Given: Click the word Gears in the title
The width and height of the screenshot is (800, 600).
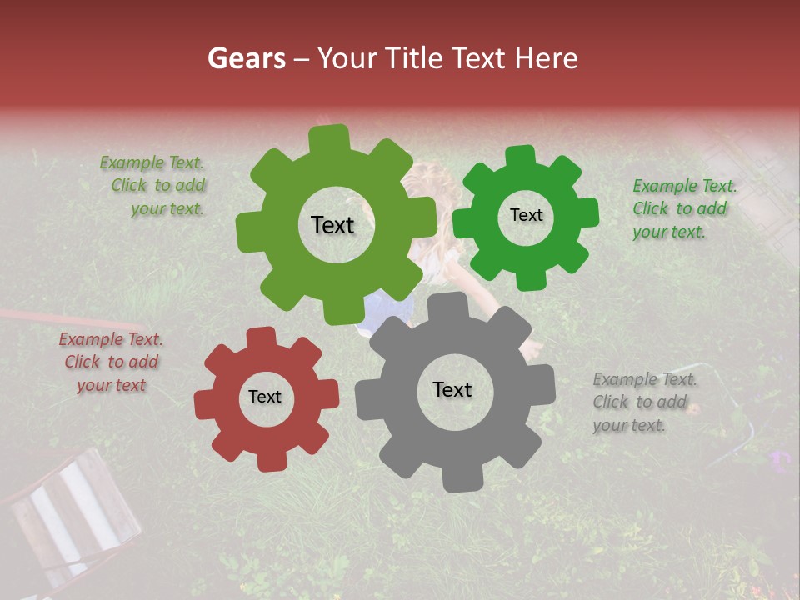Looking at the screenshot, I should (x=246, y=58).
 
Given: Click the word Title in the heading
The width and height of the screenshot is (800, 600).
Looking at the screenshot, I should (x=414, y=58).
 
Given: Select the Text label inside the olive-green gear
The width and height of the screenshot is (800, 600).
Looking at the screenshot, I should (x=332, y=225).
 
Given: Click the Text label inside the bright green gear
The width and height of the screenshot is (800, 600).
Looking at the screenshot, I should (x=526, y=215).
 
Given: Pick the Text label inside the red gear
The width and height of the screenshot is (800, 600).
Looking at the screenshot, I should (x=265, y=397).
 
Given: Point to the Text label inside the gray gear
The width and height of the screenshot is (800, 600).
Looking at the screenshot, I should (x=452, y=389).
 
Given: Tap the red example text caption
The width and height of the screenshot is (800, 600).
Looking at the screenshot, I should (x=111, y=362).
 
